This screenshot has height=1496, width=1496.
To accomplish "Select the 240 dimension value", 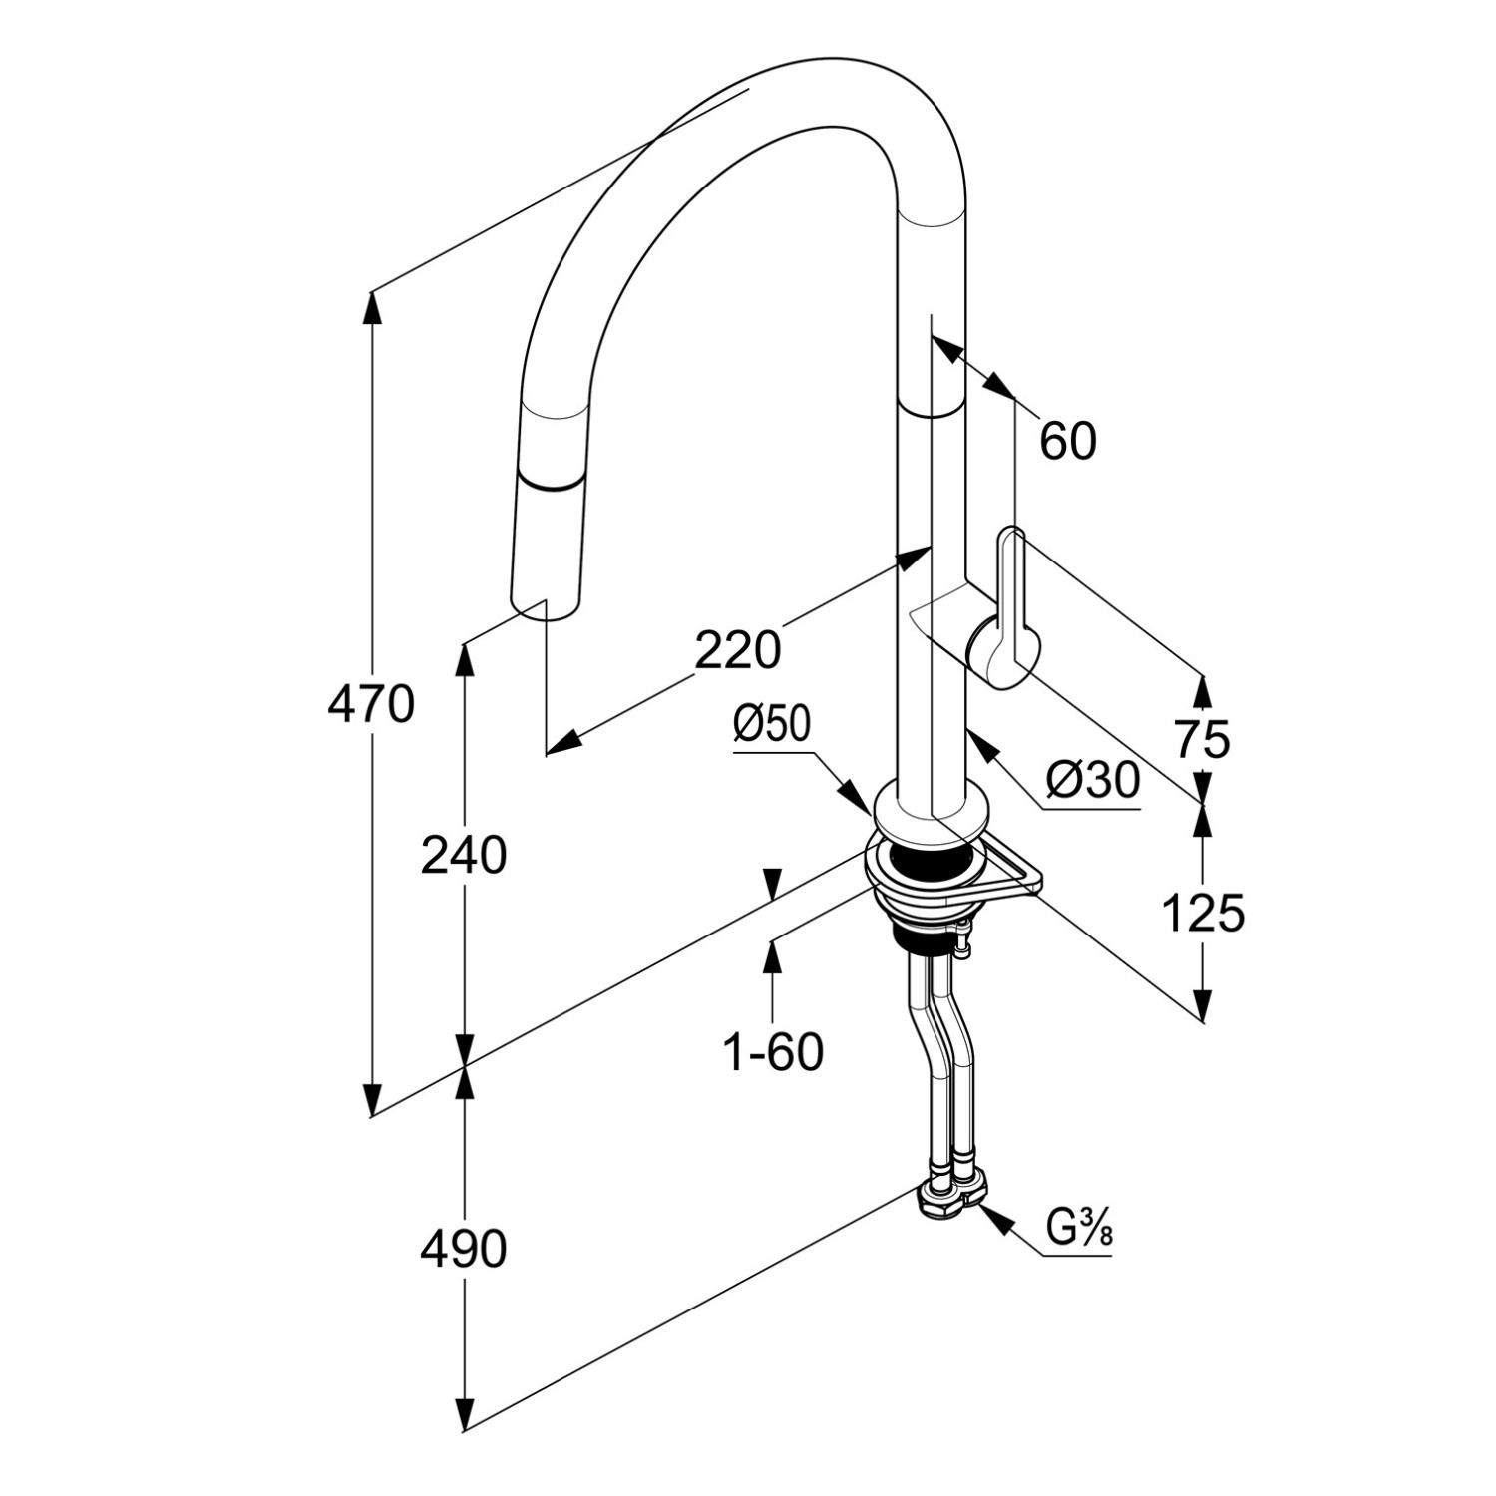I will point(464,856).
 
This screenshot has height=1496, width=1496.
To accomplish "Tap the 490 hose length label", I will point(464,1249).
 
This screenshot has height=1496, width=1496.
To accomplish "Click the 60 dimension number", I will point(1067,441).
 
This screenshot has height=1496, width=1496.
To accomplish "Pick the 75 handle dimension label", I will point(1202,739).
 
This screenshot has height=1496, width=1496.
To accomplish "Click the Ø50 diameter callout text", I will point(773,725).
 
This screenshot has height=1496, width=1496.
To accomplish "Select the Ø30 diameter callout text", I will point(1092,781).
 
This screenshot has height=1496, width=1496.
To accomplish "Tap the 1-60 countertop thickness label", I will point(773,1052).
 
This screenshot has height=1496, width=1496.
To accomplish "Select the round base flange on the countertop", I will point(931,813).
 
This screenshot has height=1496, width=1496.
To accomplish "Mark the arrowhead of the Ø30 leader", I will point(978,747).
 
